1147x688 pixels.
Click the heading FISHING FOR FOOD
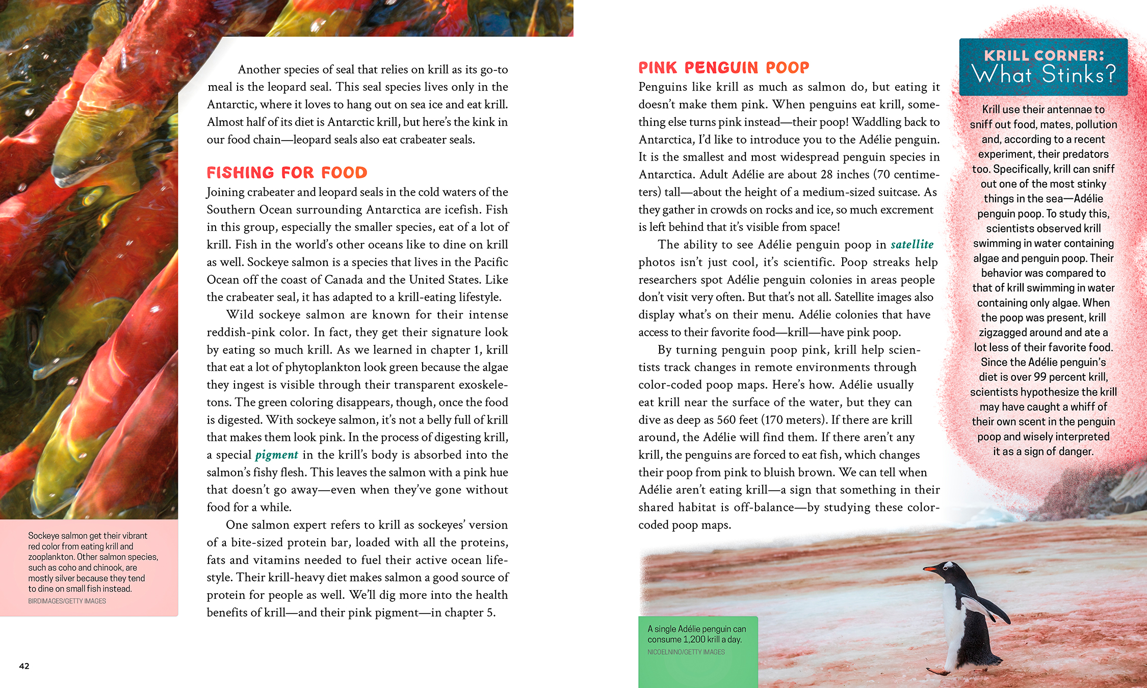[286, 173]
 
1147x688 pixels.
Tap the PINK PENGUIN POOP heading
[723, 68]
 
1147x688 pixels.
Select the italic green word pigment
[276, 455]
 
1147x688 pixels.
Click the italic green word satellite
[911, 245]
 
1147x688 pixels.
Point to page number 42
[24, 666]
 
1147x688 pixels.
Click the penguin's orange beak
[930, 568]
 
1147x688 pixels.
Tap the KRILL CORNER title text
[1044, 56]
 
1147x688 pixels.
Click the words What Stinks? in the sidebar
[1044, 75]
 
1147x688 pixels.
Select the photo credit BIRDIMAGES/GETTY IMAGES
[67, 601]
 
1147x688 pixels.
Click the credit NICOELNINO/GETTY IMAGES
[686, 652]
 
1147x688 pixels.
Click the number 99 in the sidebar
[1040, 377]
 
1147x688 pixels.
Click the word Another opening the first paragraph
[259, 69]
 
